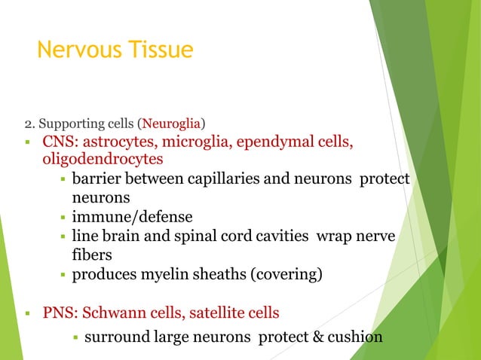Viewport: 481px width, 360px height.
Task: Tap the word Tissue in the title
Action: click(x=160, y=50)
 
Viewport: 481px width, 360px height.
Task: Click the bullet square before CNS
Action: click(x=27, y=143)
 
